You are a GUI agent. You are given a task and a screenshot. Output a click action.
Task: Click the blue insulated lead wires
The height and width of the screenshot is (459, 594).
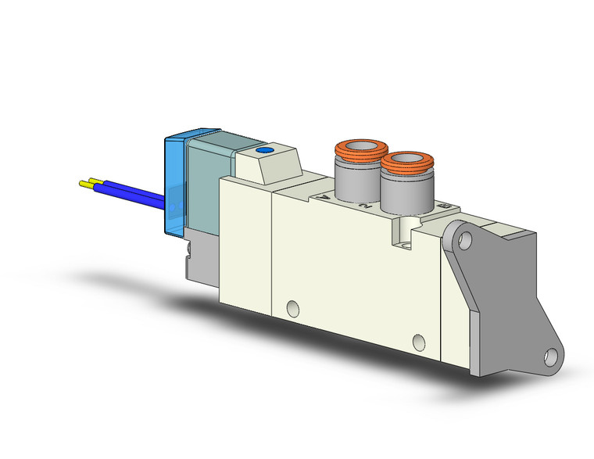point(133,193)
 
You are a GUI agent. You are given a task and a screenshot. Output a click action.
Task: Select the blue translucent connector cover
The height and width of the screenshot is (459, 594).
point(177,188)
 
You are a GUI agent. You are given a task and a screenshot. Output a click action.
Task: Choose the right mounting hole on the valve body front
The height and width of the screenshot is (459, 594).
point(419,342)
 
